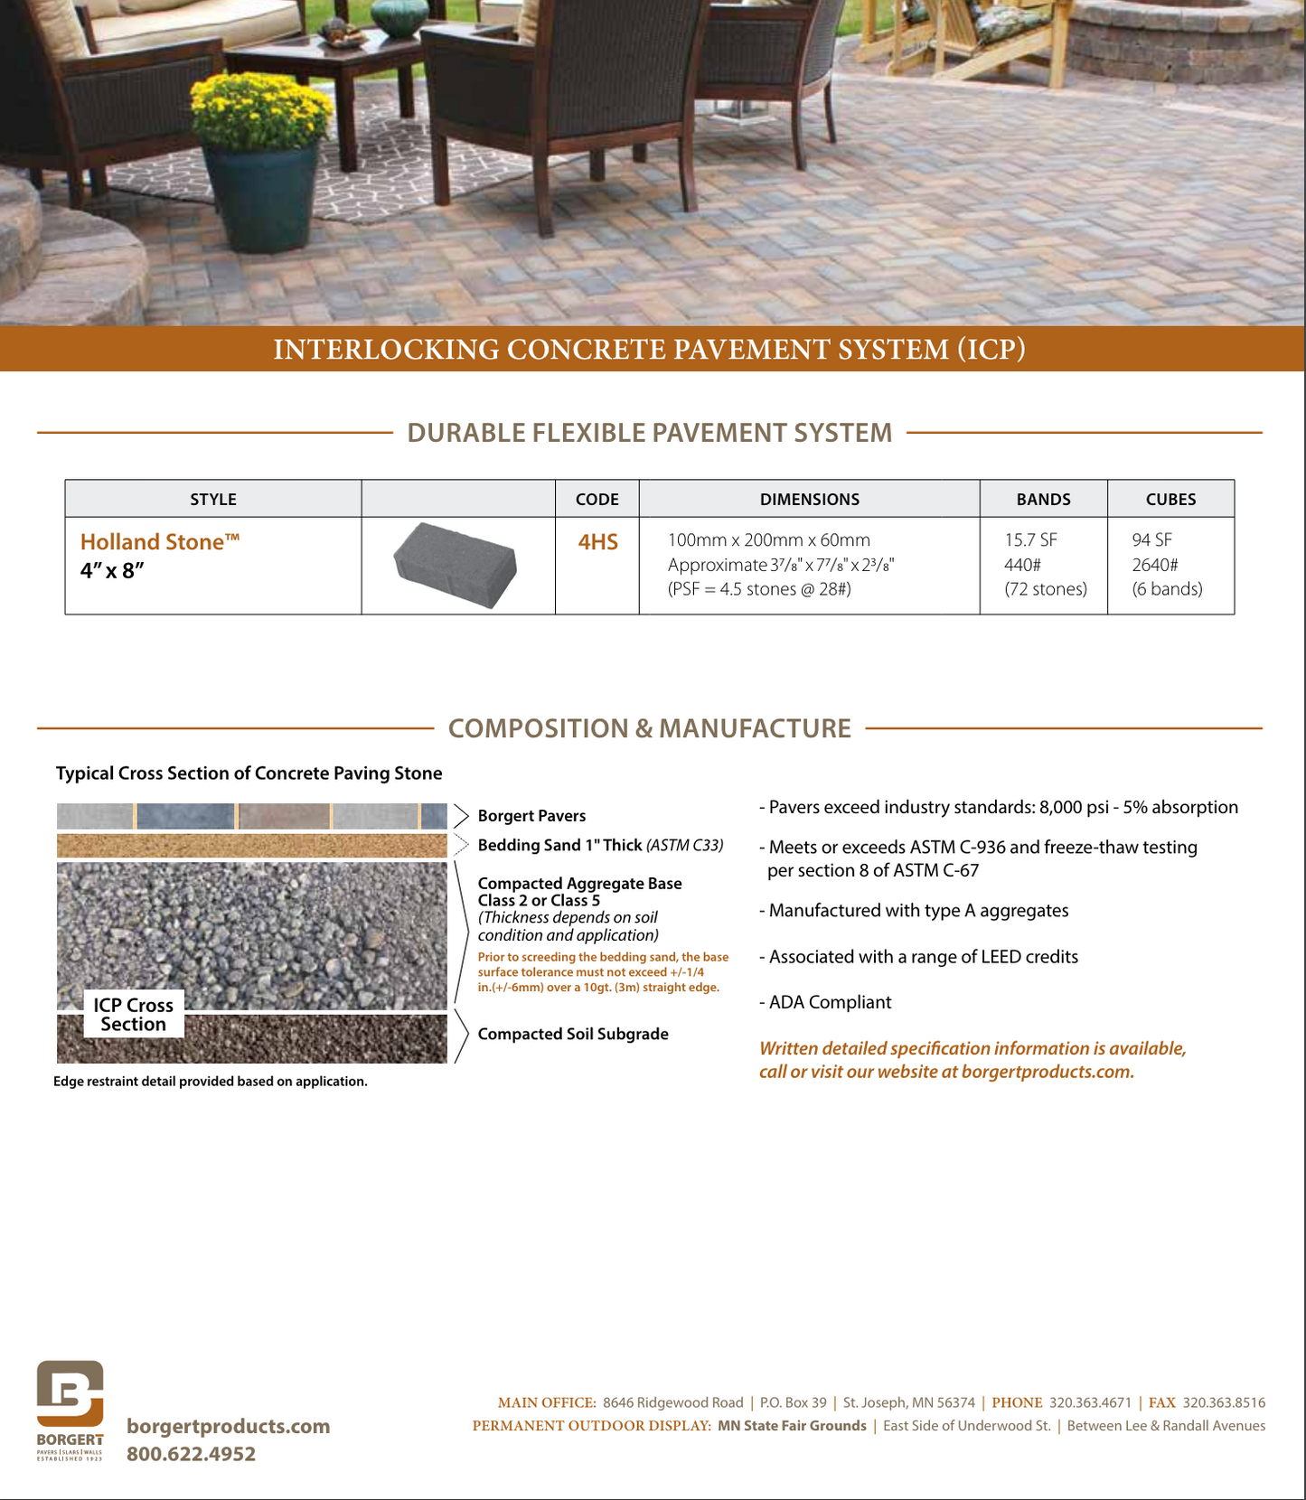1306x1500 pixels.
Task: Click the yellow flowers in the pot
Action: (259, 110)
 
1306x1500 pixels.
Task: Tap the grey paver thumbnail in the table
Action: (456, 564)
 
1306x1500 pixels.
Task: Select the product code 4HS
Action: (597, 542)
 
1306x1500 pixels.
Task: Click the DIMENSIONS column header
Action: (809, 500)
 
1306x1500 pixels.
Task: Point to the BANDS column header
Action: (1043, 500)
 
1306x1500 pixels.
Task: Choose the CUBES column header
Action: (1170, 500)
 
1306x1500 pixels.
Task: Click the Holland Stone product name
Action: (159, 542)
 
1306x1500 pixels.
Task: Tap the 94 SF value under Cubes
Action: (1151, 540)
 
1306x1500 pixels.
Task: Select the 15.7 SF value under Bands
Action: (1030, 540)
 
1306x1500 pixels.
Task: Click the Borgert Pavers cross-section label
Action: (531, 816)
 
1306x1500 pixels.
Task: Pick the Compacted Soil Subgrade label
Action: (573, 1034)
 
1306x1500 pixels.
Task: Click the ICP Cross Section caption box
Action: (133, 1015)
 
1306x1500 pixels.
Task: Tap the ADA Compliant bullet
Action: (830, 1002)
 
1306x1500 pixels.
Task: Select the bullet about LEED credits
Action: (923, 957)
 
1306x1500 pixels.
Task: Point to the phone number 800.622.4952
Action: (191, 1454)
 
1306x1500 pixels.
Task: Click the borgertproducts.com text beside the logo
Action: (228, 1426)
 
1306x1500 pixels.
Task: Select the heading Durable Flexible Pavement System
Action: (649, 433)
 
